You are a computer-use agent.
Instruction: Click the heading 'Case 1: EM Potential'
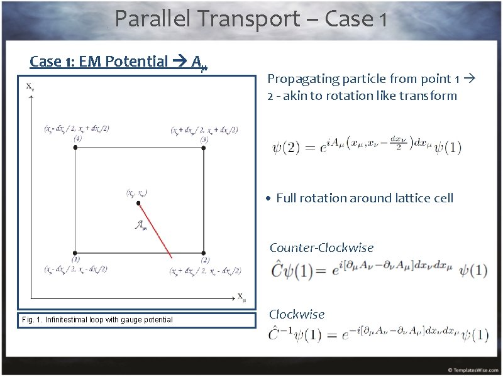pyautogui.click(x=99, y=61)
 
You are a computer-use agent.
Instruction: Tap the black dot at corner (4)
pyautogui.click(x=75, y=147)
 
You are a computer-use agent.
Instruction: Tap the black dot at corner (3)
pyautogui.click(x=204, y=147)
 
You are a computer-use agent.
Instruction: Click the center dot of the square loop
pyautogui.click(x=139, y=203)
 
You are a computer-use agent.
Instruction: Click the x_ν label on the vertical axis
pyautogui.click(x=30, y=87)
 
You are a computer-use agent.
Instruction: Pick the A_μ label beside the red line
pyautogui.click(x=141, y=226)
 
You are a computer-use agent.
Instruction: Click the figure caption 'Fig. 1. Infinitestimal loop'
pyautogui.click(x=97, y=320)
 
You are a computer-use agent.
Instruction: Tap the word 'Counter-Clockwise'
pyautogui.click(x=321, y=248)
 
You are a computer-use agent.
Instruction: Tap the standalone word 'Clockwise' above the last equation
pyautogui.click(x=297, y=314)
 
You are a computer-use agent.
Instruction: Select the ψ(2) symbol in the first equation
pyautogui.click(x=286, y=148)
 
